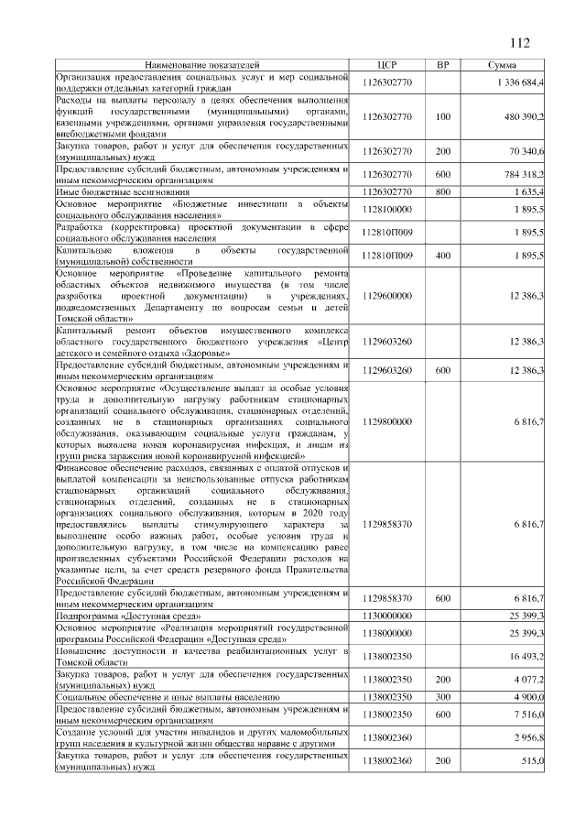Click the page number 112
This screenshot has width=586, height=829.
point(519,42)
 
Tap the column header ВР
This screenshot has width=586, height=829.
point(443,66)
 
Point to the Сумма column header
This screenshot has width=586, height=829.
point(502,66)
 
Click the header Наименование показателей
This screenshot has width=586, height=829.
point(202,66)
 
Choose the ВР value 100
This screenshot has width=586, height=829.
point(443,117)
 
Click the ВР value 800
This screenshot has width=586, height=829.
point(443,191)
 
